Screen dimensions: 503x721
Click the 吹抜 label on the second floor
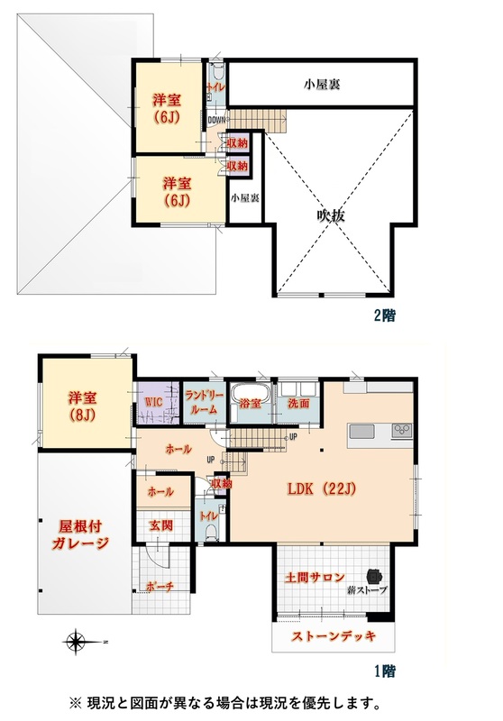pos(330,215)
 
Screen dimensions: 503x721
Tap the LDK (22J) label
pos(322,489)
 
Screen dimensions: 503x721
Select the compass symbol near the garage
pos(75,642)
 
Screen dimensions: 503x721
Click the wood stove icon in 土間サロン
pos(374,576)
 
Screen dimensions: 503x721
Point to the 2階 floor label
pos(384,315)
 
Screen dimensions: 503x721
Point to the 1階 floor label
pos(384,671)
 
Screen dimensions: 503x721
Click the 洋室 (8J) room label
pos(83,405)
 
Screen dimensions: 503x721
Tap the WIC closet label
pos(153,401)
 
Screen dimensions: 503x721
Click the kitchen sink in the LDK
pos(361,432)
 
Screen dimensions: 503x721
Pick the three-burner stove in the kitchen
pos(402,432)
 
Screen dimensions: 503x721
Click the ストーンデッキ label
pos(334,636)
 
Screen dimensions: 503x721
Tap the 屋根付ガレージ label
pos(80,534)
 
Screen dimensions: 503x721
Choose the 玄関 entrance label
pos(160,525)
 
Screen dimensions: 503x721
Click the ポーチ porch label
pos(160,587)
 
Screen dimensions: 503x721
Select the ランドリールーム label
pos(204,402)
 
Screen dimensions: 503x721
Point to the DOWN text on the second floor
pos(217,120)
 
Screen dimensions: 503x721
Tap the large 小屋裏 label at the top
pos(322,85)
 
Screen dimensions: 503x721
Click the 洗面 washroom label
pos(298,403)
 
